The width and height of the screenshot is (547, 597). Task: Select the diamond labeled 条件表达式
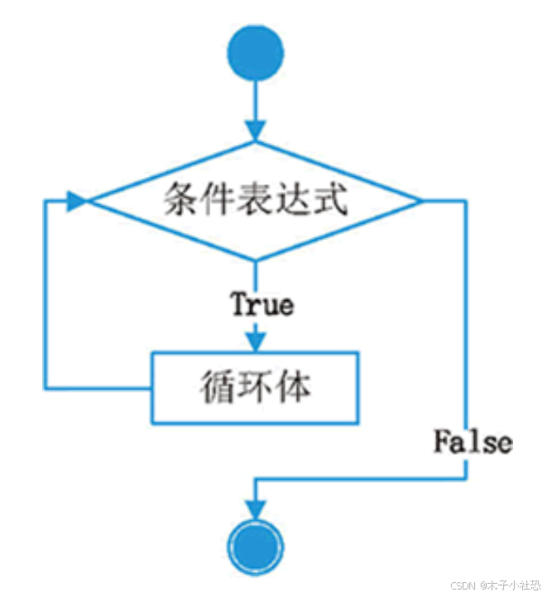pos(256,201)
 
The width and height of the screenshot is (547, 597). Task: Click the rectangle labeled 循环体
pos(256,387)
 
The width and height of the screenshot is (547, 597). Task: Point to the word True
pos(262,304)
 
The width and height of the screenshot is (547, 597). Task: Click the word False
pos(473,442)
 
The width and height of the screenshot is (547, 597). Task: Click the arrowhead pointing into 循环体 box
pos(256,339)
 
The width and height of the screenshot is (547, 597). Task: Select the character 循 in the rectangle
pos(216,387)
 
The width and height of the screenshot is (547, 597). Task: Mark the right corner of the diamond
pos(420,201)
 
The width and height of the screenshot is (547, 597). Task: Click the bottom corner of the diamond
pos(256,259)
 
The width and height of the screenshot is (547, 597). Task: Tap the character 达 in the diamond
pos(294,201)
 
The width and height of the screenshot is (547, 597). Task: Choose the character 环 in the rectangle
pos(255,387)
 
